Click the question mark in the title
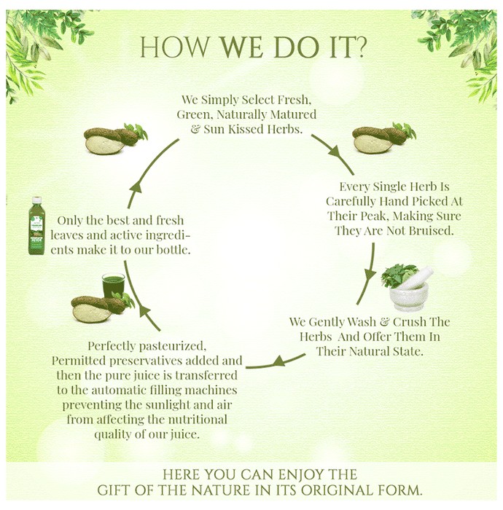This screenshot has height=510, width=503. [359, 47]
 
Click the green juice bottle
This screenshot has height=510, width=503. [36, 225]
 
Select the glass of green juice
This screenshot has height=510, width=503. [113, 285]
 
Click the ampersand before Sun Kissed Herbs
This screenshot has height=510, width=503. [195, 129]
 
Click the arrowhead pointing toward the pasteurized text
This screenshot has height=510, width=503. [280, 361]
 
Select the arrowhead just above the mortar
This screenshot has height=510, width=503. [369, 275]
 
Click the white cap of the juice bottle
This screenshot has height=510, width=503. [36, 200]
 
